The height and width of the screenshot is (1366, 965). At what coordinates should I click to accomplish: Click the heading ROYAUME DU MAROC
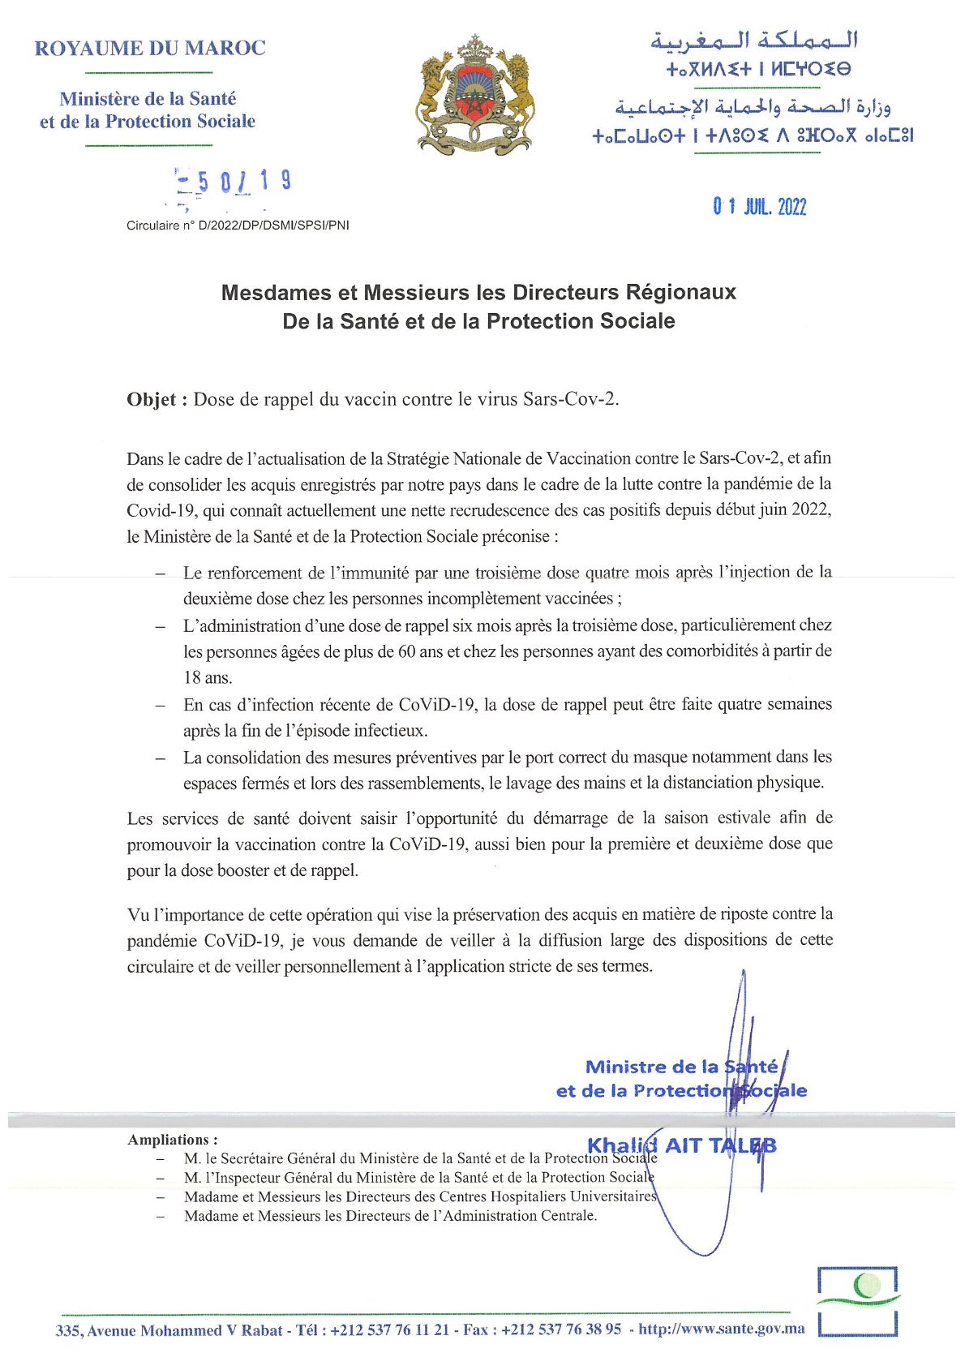(x=150, y=49)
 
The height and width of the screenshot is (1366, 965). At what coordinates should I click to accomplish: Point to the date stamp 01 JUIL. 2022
(x=760, y=207)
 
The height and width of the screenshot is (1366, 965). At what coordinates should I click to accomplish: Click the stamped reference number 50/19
(x=234, y=182)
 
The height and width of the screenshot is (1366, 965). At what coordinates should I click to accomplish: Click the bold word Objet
(x=156, y=399)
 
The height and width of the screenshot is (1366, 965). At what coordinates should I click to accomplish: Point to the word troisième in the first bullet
(x=508, y=573)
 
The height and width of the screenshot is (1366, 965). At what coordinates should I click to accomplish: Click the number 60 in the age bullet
(x=406, y=651)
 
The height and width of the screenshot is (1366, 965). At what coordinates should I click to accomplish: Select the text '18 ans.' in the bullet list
(x=208, y=677)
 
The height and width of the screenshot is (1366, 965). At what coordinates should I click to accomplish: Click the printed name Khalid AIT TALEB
(x=681, y=1145)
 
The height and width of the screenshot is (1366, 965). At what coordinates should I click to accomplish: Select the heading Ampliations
(x=172, y=1140)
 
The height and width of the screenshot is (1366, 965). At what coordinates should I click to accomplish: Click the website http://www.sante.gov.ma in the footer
(x=722, y=1329)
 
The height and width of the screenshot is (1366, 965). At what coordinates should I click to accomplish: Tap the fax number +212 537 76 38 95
(x=561, y=1329)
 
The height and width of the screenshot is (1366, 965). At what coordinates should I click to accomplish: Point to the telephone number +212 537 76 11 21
(x=389, y=1329)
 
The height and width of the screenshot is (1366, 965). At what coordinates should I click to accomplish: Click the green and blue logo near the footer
(x=858, y=1300)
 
